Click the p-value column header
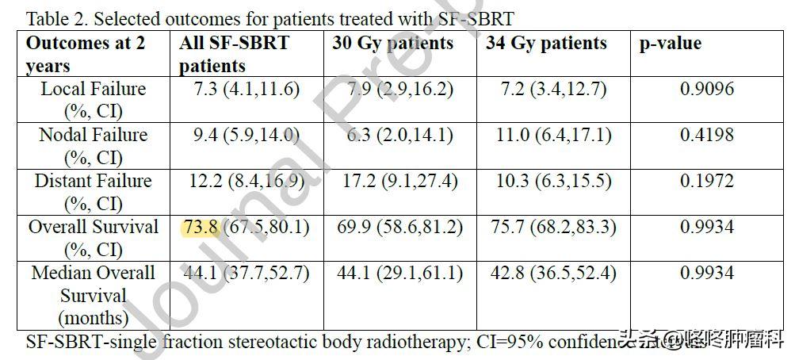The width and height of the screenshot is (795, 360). (x=671, y=44)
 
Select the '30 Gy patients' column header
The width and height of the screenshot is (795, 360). (x=393, y=44)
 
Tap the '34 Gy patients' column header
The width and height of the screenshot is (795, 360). (x=546, y=44)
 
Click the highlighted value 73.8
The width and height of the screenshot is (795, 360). (x=200, y=228)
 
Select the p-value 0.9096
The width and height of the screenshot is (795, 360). (x=707, y=90)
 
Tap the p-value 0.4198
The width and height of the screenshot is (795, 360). (x=707, y=136)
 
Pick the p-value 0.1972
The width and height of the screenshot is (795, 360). (x=707, y=182)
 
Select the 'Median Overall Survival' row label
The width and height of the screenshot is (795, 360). (x=94, y=295)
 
